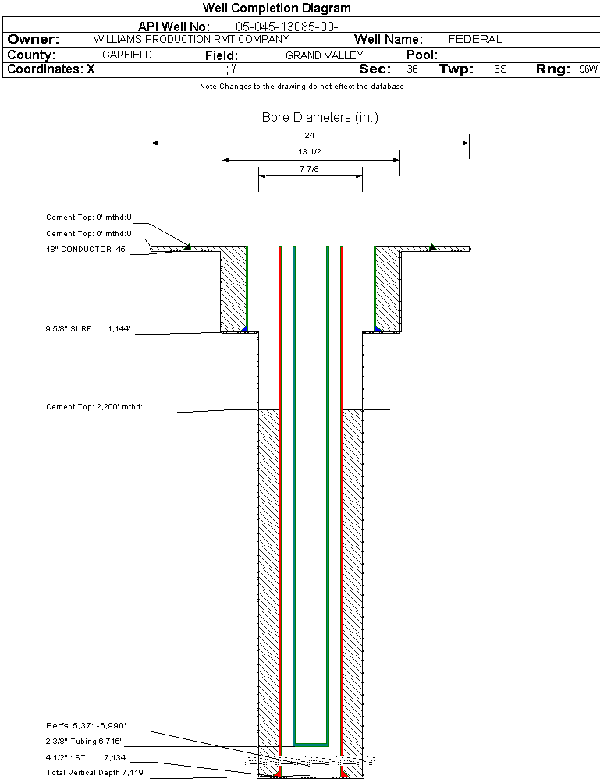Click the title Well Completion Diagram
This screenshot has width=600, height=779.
point(276,8)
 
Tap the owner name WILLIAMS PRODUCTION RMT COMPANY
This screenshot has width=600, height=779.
point(190,39)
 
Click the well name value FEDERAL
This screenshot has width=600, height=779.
point(475,39)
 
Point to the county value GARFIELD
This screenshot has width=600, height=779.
point(127,55)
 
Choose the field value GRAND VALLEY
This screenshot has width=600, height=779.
point(324,55)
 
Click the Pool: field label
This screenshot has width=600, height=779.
point(422,55)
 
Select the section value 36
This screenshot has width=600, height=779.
point(413,69)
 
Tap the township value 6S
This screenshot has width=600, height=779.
point(500,69)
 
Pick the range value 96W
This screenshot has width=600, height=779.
point(588,69)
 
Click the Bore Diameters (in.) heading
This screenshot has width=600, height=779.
point(320,118)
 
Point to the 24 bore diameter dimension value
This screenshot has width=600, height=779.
point(310,135)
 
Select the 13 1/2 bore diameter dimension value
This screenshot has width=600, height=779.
point(310,151)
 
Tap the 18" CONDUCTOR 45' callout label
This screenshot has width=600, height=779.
point(86,250)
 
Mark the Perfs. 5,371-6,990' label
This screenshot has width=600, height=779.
point(85,725)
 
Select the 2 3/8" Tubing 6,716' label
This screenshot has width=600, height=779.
point(83,741)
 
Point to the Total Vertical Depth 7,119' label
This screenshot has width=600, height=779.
point(95,772)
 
